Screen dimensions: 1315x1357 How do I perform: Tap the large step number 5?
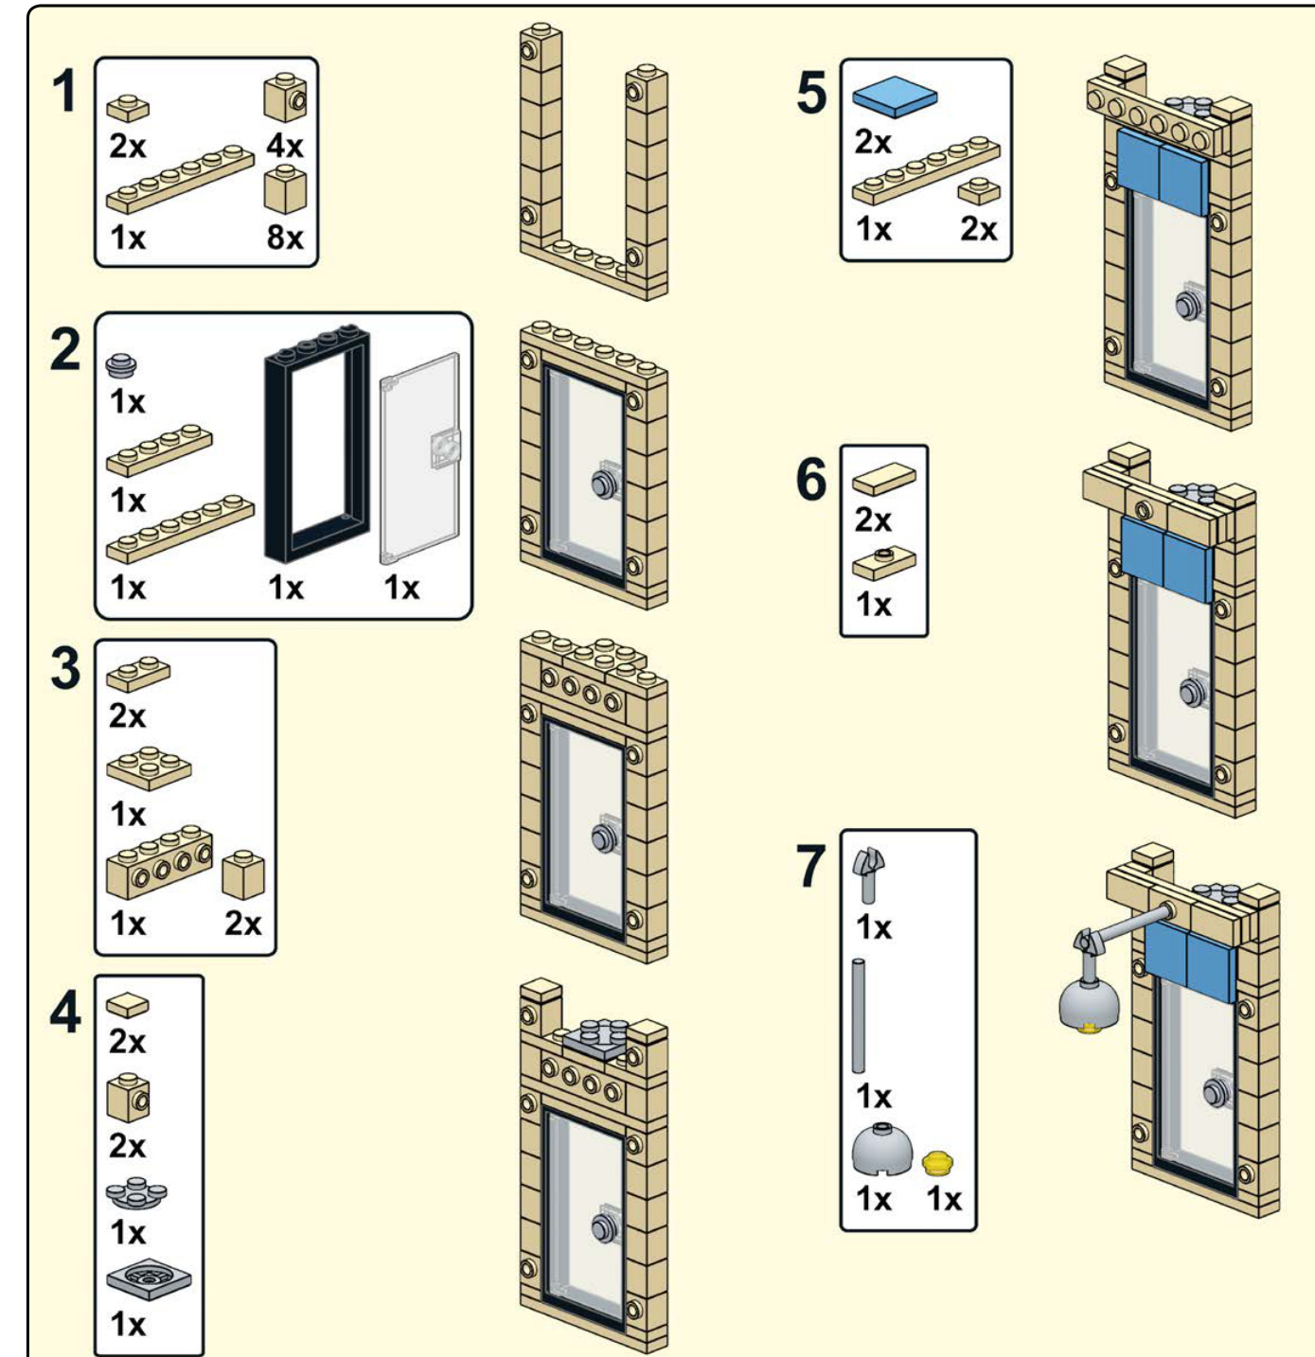(811, 92)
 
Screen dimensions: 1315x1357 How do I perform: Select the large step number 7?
(810, 867)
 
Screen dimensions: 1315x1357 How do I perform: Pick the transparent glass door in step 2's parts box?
(420, 458)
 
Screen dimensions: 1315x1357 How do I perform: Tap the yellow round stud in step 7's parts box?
(938, 1162)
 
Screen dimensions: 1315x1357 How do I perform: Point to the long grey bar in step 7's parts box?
(859, 1016)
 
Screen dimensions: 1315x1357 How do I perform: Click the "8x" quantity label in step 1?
(285, 238)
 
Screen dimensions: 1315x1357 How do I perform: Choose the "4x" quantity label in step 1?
(285, 147)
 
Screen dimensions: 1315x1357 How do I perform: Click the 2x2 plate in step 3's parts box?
(149, 767)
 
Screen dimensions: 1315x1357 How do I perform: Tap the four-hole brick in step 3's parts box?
(159, 863)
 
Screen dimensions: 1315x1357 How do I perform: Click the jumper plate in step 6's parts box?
(884, 563)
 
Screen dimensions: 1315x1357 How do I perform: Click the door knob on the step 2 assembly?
(603, 484)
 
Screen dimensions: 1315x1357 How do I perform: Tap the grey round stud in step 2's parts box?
(121, 364)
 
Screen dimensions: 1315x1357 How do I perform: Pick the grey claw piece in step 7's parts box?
(868, 874)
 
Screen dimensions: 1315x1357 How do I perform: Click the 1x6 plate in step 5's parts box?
(926, 174)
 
